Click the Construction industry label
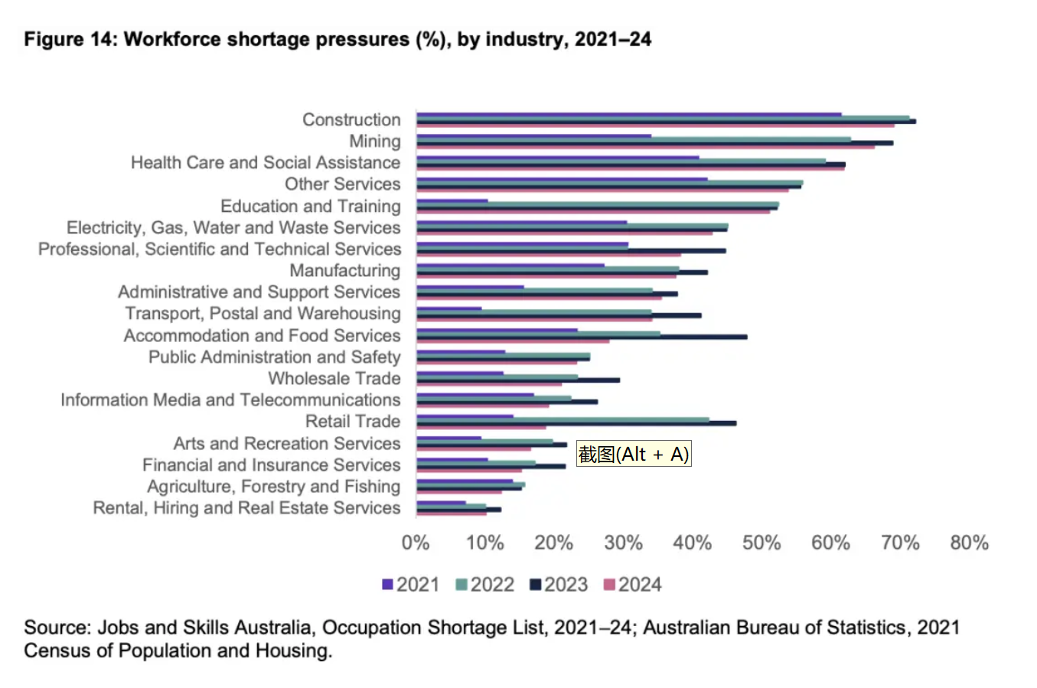[x=351, y=120]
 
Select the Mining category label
[x=374, y=142]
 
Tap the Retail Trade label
[x=352, y=422]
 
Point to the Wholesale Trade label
[x=334, y=379]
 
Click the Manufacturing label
[x=344, y=271]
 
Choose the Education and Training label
[x=310, y=207]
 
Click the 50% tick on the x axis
[x=761, y=543]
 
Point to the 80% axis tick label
[x=969, y=543]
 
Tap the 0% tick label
[x=416, y=543]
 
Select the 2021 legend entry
[x=411, y=585]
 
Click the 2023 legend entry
[x=559, y=585]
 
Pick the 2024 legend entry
[x=632, y=585]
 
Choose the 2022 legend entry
[x=484, y=585]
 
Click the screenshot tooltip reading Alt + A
[x=634, y=455]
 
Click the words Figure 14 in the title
[x=68, y=40]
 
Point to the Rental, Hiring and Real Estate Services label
[x=246, y=508]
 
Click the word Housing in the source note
[x=296, y=651]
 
